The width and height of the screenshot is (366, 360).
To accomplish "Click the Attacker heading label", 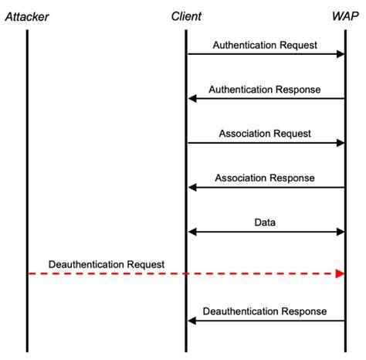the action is [27, 17].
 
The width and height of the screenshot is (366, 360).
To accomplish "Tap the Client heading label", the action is [186, 16].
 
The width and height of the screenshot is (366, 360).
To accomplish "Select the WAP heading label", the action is [345, 16].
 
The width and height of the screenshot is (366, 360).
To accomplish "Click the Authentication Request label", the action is [265, 46].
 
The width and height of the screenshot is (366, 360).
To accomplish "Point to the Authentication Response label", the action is [265, 90].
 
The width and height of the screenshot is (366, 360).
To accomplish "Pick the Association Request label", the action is [265, 134].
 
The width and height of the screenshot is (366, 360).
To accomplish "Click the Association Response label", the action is [265, 178].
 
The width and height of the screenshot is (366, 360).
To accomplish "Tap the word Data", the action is [265, 222].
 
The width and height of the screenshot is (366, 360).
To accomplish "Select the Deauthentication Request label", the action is [107, 265].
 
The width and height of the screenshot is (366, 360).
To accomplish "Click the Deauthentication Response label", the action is [265, 311].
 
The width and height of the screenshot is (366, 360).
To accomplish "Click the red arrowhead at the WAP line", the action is [340, 273].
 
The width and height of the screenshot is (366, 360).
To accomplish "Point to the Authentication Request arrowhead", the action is [341, 54].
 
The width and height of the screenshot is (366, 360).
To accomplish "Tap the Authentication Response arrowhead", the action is [192, 98].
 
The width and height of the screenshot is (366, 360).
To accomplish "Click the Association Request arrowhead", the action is [341, 143].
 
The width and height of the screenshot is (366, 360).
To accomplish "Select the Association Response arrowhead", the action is [192, 187].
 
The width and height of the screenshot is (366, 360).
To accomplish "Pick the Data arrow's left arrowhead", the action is [192, 232].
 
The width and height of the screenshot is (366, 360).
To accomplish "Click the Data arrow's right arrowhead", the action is [341, 232].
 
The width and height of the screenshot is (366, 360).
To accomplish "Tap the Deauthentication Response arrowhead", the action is [192, 321].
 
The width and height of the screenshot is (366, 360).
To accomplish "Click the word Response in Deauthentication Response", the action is [304, 311].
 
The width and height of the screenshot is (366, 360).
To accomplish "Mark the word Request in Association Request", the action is [292, 134].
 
